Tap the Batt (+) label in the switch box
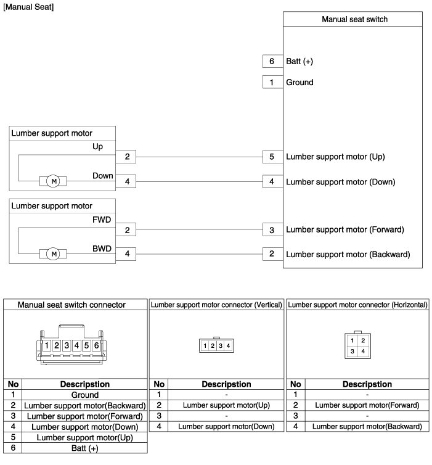[x=300, y=62]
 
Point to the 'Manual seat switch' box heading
[x=354, y=19]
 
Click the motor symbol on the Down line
[x=54, y=181]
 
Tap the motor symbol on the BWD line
[x=54, y=253]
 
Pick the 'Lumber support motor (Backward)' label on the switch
[x=348, y=254]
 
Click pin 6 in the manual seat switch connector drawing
[x=96, y=345]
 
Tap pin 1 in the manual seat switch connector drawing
[x=47, y=345]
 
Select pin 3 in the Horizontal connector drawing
[x=352, y=351]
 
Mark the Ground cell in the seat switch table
[x=85, y=395]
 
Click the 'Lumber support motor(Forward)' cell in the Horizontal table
[x=367, y=405]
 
